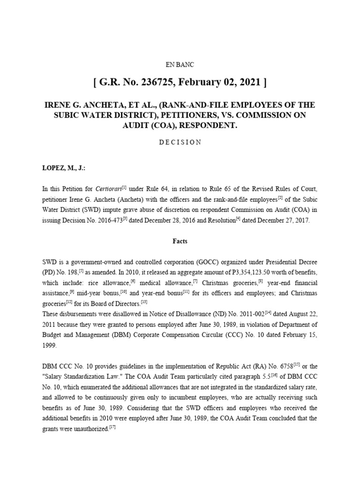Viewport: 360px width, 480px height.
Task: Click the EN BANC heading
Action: (x=180, y=65)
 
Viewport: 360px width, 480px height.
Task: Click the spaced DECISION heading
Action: (x=180, y=142)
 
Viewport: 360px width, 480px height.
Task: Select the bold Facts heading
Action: (x=180, y=241)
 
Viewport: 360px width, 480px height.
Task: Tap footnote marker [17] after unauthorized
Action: (x=112, y=427)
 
